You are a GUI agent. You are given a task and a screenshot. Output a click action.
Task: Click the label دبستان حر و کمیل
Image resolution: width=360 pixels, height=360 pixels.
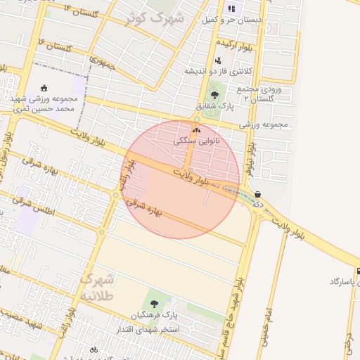pyautogui.click(x=231, y=20)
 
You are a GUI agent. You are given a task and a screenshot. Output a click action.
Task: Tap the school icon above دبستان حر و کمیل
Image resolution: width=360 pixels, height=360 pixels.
pyautogui.click(x=231, y=9)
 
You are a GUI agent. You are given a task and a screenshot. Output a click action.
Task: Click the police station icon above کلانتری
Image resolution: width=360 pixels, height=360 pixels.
pyautogui.click(x=218, y=60)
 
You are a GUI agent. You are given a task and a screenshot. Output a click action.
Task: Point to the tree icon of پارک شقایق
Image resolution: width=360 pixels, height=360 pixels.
pyautogui.click(x=214, y=94)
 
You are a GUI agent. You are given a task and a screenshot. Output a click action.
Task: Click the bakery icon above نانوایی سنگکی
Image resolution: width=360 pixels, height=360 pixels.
pyautogui.click(x=196, y=130)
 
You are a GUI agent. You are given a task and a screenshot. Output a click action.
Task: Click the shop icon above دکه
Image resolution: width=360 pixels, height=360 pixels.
pyautogui.click(x=257, y=194)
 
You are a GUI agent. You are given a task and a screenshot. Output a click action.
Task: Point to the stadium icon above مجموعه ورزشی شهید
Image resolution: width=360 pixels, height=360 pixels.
pyautogui.click(x=45, y=89)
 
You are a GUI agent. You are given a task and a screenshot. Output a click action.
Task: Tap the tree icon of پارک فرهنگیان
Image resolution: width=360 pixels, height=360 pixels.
pyautogui.click(x=154, y=302)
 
